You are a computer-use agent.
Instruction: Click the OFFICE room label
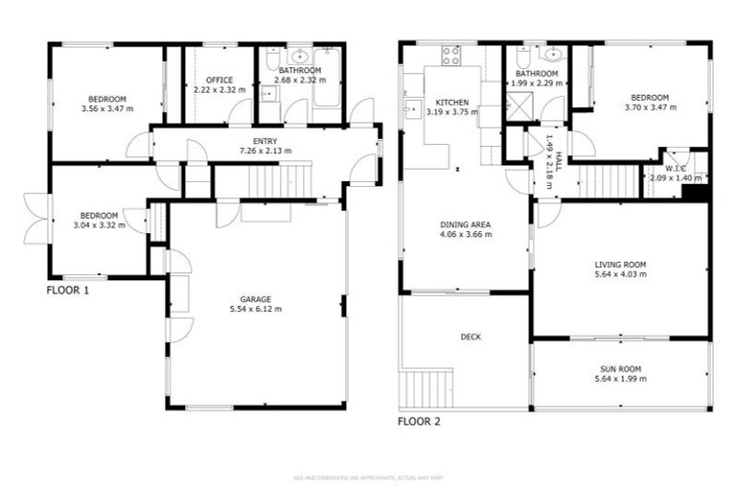pos(219,80)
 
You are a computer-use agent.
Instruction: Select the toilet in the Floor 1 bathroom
pos(271,64)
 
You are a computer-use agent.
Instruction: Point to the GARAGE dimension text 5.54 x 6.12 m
pos(256,309)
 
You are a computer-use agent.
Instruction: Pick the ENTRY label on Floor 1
pos(264,141)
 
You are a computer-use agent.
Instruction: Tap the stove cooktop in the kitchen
pos(450,55)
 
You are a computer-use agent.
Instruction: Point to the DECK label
pos(471,337)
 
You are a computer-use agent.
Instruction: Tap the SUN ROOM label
pos(620,368)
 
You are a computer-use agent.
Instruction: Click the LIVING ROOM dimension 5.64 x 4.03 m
pos(620,273)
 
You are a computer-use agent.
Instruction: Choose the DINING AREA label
pos(465,222)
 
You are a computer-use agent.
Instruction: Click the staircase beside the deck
pos(422,388)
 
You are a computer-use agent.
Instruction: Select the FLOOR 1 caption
pos(68,290)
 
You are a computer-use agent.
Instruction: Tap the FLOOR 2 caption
pos(419,420)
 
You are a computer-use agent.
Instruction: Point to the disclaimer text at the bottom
pos(368,477)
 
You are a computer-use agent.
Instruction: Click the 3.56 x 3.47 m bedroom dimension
pos(106,108)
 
